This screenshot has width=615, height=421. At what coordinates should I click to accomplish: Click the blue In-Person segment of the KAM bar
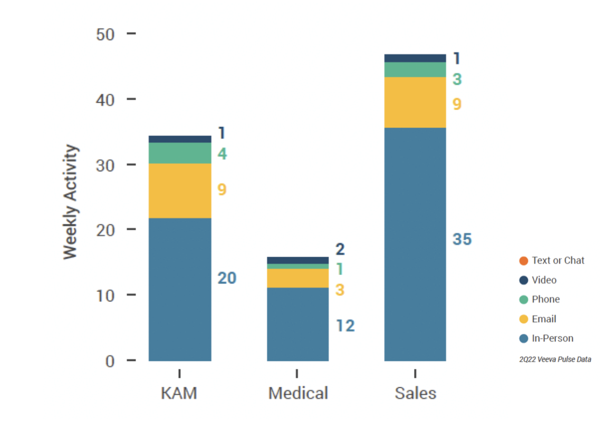click(x=180, y=289)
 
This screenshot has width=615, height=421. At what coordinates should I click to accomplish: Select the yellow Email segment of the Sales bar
click(x=415, y=102)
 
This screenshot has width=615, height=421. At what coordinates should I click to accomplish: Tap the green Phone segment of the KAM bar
click(x=180, y=153)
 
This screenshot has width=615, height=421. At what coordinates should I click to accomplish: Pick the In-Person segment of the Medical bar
click(x=297, y=324)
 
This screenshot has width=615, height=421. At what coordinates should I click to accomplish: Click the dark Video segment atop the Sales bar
click(x=415, y=58)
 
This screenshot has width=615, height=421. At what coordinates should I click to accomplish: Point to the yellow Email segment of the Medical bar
click(x=297, y=278)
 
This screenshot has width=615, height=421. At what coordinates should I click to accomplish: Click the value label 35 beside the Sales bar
click(x=462, y=240)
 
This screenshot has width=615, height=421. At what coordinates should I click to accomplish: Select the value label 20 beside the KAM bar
click(x=227, y=278)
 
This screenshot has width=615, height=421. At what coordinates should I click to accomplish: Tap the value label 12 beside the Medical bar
click(x=345, y=326)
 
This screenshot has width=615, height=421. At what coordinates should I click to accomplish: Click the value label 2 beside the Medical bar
click(x=340, y=249)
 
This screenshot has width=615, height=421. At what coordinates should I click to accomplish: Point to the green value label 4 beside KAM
click(x=222, y=154)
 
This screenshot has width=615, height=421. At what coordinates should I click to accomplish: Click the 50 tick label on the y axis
click(x=105, y=35)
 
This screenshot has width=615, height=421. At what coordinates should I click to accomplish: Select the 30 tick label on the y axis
click(x=105, y=165)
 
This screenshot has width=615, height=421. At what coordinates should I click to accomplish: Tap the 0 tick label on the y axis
click(x=110, y=361)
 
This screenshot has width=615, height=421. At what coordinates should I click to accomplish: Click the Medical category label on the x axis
click(x=298, y=393)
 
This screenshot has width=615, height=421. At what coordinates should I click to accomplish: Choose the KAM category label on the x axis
click(x=179, y=393)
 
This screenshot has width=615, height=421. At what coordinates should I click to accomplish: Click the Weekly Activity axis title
click(x=70, y=202)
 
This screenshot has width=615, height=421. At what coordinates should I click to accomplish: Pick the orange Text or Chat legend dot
click(x=524, y=260)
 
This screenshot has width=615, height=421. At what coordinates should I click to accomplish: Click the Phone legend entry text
click(x=545, y=299)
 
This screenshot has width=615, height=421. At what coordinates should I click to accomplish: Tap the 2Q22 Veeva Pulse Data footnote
click(x=555, y=359)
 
